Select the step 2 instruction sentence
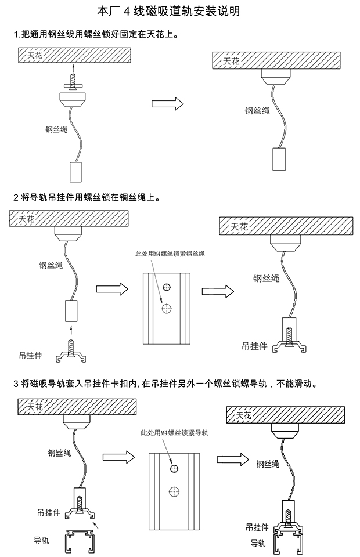(x=87, y=197)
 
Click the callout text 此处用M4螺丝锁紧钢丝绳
(x=170, y=254)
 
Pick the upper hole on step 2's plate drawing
(x=167, y=287)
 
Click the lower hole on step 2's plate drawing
(x=167, y=309)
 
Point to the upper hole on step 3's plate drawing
(x=174, y=468)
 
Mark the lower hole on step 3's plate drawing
(x=174, y=491)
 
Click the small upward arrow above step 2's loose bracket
(x=72, y=331)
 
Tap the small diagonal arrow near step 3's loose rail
(x=97, y=526)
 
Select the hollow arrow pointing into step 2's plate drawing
(x=111, y=288)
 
